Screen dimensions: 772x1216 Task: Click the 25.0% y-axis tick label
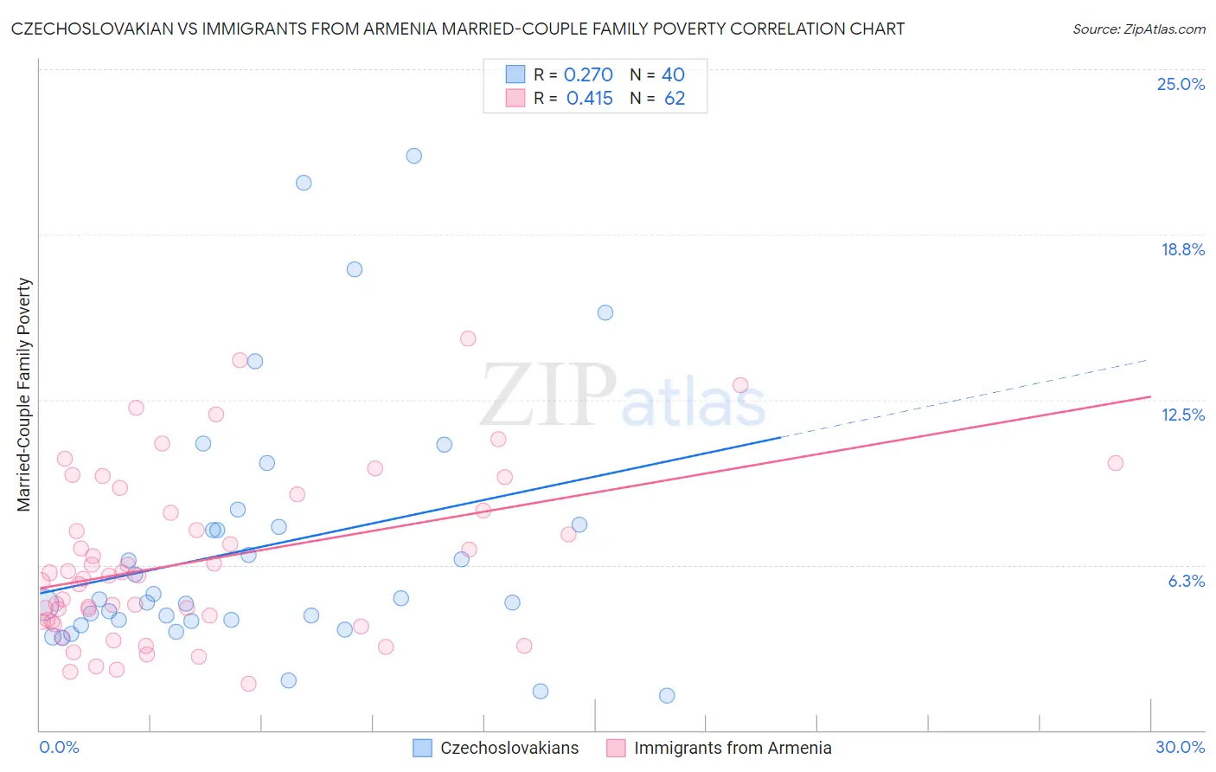click(x=1181, y=84)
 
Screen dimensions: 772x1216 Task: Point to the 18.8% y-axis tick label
click(x=1182, y=249)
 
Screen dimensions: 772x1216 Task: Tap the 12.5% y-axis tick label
click(x=1182, y=415)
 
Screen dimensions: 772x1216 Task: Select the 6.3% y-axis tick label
click(x=1186, y=581)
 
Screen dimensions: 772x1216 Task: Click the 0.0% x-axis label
click(x=59, y=747)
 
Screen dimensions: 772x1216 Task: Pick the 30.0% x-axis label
click(x=1180, y=747)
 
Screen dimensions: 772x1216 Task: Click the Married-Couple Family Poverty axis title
click(x=24, y=395)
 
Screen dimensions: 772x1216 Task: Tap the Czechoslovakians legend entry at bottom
click(x=509, y=748)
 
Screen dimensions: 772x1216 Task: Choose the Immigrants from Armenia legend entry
click(x=732, y=748)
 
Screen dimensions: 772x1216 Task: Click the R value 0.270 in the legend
click(x=588, y=75)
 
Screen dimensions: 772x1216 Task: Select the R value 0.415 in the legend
click(x=589, y=99)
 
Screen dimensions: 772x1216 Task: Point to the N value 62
click(x=675, y=99)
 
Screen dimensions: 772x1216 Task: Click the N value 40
click(x=673, y=75)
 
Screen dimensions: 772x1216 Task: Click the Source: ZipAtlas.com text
click(x=1138, y=29)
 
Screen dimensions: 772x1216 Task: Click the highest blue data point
click(x=414, y=156)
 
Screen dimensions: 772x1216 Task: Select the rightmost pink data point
click(x=1116, y=463)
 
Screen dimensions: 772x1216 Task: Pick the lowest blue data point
click(x=667, y=695)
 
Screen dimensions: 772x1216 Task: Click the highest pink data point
click(x=468, y=338)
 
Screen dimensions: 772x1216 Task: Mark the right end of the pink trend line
click(x=1150, y=396)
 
